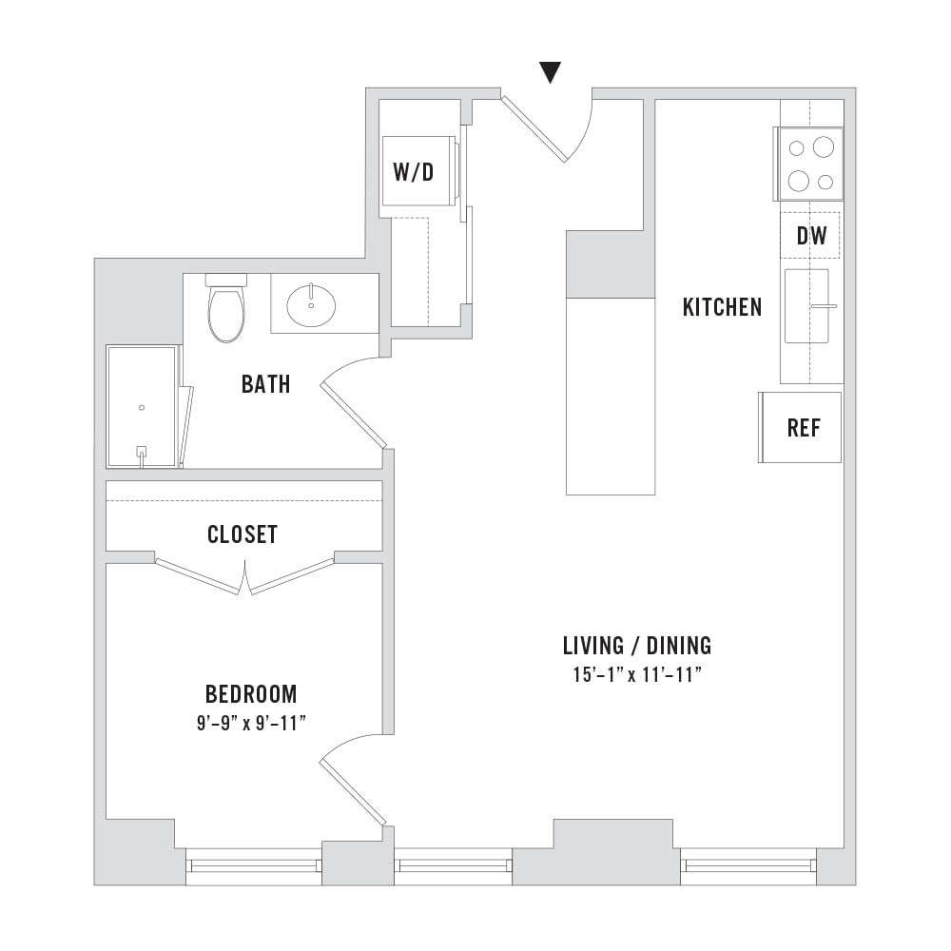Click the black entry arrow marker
pyautogui.click(x=550, y=71)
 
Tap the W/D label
pyautogui.click(x=414, y=172)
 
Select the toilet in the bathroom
pyautogui.click(x=226, y=308)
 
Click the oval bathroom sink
pyautogui.click(x=311, y=305)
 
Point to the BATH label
pyautogui.click(x=265, y=384)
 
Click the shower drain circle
pyautogui.click(x=142, y=408)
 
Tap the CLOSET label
pyautogui.click(x=243, y=534)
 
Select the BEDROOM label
pyautogui.click(x=251, y=694)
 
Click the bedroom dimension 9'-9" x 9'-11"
pyautogui.click(x=251, y=723)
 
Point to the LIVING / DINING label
pyautogui.click(x=637, y=646)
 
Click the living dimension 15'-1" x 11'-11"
pyautogui.click(x=637, y=674)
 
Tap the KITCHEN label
pyautogui.click(x=723, y=307)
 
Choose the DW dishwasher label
pyautogui.click(x=811, y=236)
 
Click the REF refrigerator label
pyautogui.click(x=804, y=428)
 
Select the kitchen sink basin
pyautogui.click(x=806, y=306)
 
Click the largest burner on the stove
pyautogui.click(x=824, y=146)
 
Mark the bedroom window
pyautogui.click(x=254, y=865)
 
